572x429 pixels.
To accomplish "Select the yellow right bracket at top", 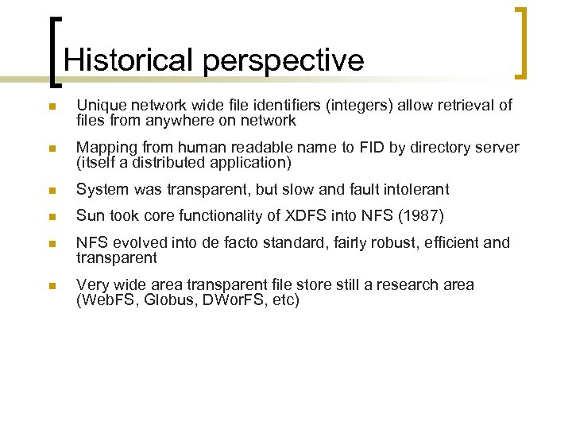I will (x=522, y=43).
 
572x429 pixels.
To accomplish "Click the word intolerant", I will (x=415, y=189).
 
